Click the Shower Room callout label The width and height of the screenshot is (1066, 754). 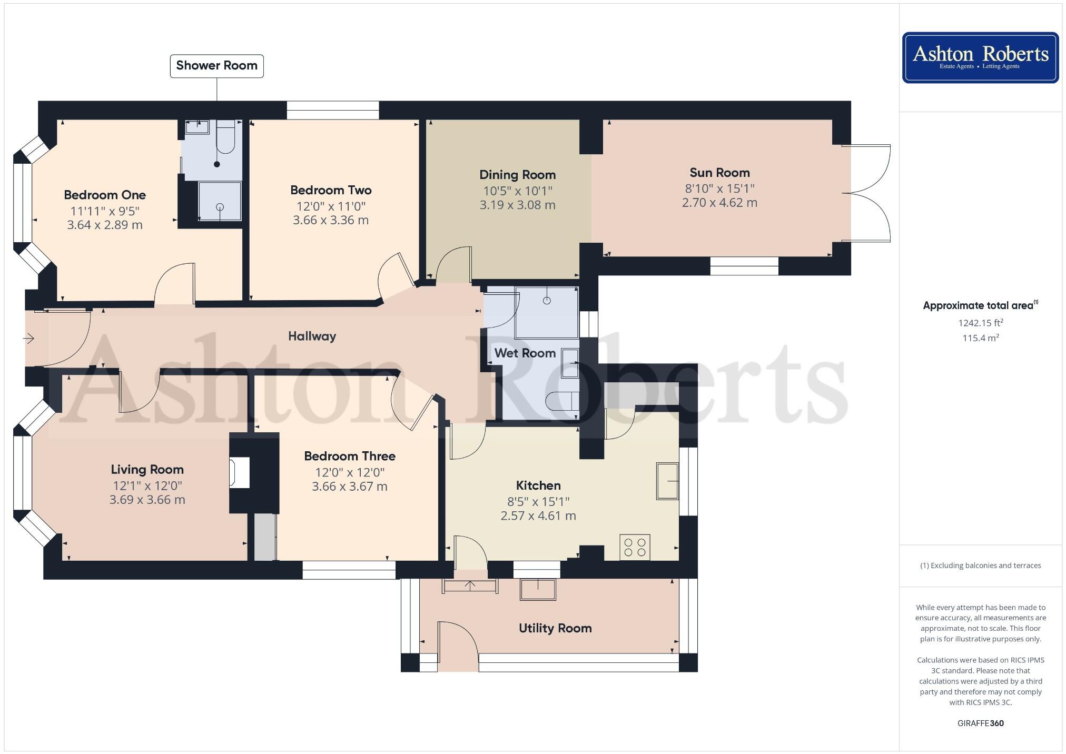[x=216, y=66]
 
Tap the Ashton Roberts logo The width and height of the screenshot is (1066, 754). [x=980, y=57]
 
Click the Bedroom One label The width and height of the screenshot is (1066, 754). [x=105, y=195]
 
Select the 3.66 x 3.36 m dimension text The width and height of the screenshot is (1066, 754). [x=331, y=220]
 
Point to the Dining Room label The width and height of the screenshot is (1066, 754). [x=517, y=175]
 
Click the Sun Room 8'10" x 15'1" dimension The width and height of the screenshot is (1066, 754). [x=719, y=188]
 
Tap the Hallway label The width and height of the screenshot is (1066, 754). [x=312, y=336]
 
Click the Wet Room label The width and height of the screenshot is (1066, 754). [x=525, y=353]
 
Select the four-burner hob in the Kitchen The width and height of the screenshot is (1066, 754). [x=635, y=547]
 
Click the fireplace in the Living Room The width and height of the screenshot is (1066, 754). [x=239, y=472]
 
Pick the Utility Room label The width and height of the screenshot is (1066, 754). [x=555, y=628]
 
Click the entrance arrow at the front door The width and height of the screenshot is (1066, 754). [x=29, y=338]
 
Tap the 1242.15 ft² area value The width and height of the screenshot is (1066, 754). [x=980, y=323]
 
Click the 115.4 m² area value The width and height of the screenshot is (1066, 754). [x=980, y=338]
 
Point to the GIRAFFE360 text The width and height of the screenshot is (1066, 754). [x=980, y=723]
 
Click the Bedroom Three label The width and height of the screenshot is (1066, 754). [x=350, y=456]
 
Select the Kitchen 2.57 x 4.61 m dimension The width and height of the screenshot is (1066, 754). [x=538, y=515]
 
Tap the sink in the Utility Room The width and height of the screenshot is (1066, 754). [x=538, y=589]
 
